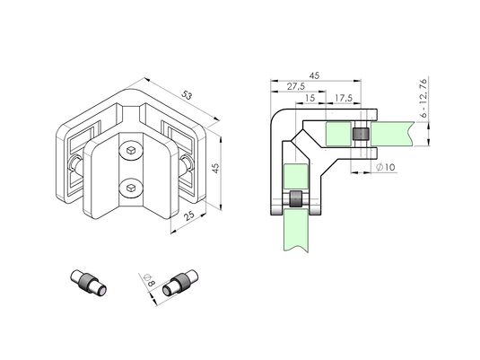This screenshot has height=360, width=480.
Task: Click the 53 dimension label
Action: pyautogui.click(x=186, y=94)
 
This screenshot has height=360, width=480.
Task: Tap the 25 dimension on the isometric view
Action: pyautogui.click(x=189, y=215)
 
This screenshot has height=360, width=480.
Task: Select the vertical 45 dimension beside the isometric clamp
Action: pyautogui.click(x=216, y=168)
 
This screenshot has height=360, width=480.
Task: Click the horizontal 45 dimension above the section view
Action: pyautogui.click(x=314, y=75)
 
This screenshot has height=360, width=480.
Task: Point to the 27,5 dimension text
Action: pyautogui.click(x=296, y=86)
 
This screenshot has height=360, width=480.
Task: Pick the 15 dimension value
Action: pyautogui.click(x=310, y=98)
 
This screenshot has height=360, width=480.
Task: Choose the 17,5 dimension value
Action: pyautogui.click(x=344, y=98)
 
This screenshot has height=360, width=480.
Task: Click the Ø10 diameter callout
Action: pyautogui.click(x=385, y=167)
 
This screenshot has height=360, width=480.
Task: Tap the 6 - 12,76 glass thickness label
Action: pyautogui.click(x=423, y=98)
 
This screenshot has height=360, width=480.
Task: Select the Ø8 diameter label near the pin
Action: pyautogui.click(x=149, y=279)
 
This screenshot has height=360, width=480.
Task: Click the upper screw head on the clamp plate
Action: pyautogui.click(x=131, y=150)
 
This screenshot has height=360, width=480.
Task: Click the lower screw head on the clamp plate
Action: pyautogui.click(x=131, y=188)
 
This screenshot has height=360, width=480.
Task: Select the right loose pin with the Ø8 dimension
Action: pyautogui.click(x=180, y=283)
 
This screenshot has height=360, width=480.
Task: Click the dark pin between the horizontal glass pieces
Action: pyautogui.click(x=361, y=134)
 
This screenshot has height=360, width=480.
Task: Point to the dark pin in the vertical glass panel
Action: pyautogui.click(x=296, y=199)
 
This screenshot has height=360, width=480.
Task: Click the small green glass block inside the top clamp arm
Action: pyautogui.click(x=338, y=134)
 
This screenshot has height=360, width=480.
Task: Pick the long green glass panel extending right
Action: pyautogui.click(x=392, y=134)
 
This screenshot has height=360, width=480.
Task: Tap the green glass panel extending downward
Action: pyautogui.click(x=296, y=231)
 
